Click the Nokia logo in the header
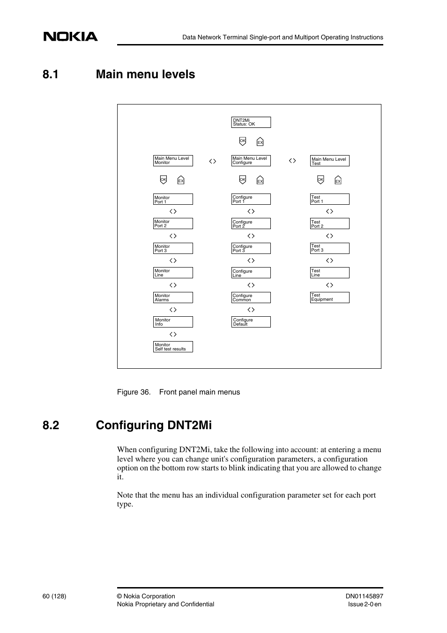click(71, 37)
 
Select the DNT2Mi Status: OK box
click(251, 122)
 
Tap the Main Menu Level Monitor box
click(173, 161)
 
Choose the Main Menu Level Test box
click(329, 161)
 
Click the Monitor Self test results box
click(173, 347)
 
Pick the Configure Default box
click(251, 322)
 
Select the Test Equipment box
click(329, 298)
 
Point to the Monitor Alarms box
click(173, 298)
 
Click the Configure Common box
click(251, 298)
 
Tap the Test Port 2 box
click(329, 224)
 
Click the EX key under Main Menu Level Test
click(338, 181)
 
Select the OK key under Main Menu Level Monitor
click(164, 180)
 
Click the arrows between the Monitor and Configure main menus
click(213, 161)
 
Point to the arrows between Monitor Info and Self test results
click(173, 335)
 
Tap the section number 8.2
click(51, 425)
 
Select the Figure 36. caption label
click(134, 392)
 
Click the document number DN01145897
click(364, 596)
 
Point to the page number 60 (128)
click(54, 596)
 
